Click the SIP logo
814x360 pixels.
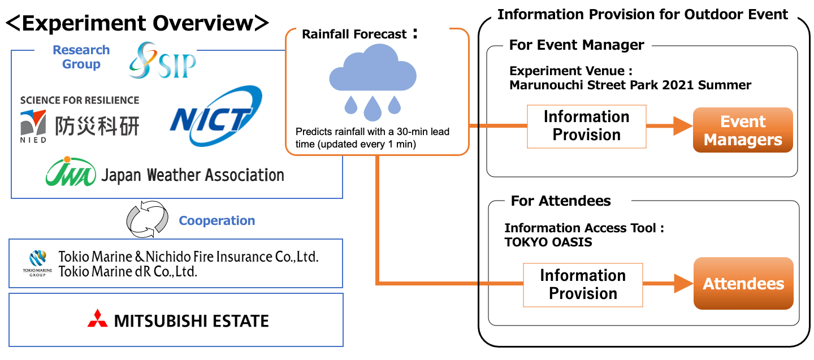pos(162,61)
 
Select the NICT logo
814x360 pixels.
pos(215,117)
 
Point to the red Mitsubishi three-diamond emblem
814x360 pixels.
pos(97,319)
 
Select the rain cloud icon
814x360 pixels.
pos(373,83)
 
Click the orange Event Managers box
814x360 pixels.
pos(743,131)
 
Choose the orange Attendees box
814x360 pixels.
pos(743,284)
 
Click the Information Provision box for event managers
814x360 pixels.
pos(586,126)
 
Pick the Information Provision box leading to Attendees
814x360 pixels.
pos(583,284)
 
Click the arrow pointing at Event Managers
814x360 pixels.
pos(670,127)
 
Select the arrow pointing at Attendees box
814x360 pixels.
pos(668,284)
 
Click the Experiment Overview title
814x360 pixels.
pos(137,23)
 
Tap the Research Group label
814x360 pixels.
pos(81,57)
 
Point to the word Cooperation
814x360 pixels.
pos(217,220)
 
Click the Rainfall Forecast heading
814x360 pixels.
pos(354,34)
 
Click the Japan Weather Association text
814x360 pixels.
pos(192,175)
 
